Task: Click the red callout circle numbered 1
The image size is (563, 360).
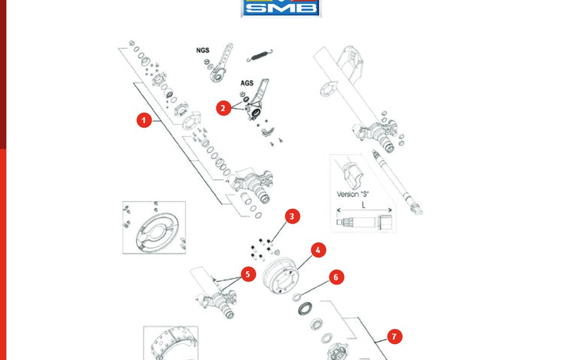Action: click(x=144, y=120)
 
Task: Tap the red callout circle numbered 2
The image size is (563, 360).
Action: click(x=223, y=108)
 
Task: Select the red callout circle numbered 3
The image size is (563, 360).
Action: click(x=292, y=216)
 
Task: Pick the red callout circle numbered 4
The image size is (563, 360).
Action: click(x=318, y=250)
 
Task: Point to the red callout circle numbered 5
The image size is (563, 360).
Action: click(x=248, y=274)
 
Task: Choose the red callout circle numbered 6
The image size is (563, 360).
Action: click(x=337, y=277)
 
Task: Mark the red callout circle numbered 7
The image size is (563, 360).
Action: click(x=395, y=337)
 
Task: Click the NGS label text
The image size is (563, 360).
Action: click(x=203, y=50)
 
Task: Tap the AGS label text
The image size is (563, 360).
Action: click(x=247, y=83)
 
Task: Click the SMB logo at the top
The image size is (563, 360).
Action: click(x=281, y=8)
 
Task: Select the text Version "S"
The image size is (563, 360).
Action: click(x=353, y=195)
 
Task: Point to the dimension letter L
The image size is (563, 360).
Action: click(x=364, y=205)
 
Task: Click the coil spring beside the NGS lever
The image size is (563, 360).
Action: click(x=260, y=55)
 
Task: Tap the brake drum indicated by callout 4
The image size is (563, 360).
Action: click(x=280, y=278)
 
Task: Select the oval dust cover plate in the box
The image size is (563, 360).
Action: click(x=156, y=231)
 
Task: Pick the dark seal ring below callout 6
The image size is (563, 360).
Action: click(x=305, y=308)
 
